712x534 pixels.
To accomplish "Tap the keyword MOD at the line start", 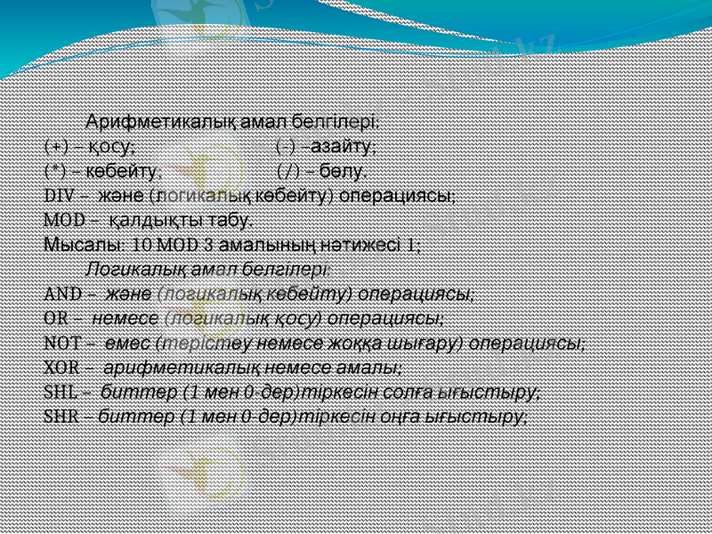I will tap(61, 219).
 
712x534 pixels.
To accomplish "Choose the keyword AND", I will tap(61, 293).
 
